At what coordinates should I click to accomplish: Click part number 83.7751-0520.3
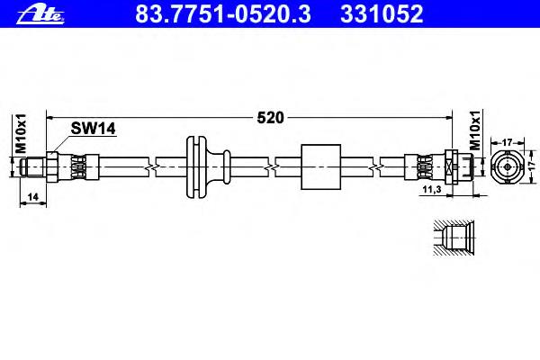point(223,14)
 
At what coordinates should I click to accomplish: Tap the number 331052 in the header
point(382,14)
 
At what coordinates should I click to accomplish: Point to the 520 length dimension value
point(271,118)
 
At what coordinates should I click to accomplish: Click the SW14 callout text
point(93,129)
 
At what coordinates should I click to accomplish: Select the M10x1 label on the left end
point(22,134)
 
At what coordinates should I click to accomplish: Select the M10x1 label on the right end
point(475,130)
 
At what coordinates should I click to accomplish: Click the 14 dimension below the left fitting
point(32,197)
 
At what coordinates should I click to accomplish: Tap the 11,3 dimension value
point(432,189)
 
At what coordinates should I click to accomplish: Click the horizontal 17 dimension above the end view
point(508,142)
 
